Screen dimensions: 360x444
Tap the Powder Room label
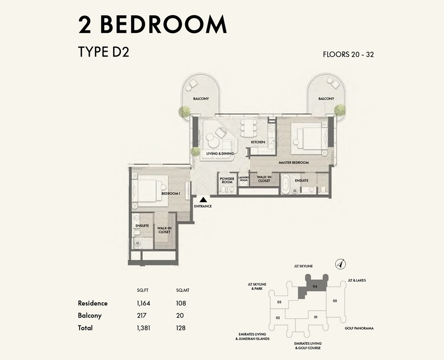[227, 180]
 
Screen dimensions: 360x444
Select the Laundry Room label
[243, 179]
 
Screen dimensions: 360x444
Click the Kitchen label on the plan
[258, 142]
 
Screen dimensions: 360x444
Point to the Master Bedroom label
[293, 163]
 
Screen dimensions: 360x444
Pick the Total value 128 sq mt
[180, 328]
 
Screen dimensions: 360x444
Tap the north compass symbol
[340, 264]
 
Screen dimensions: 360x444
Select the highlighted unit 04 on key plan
[314, 286]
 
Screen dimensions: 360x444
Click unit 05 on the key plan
[335, 301]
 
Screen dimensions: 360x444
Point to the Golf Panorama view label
[359, 328]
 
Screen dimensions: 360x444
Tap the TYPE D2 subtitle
[103, 52]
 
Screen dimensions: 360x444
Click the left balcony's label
[201, 99]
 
